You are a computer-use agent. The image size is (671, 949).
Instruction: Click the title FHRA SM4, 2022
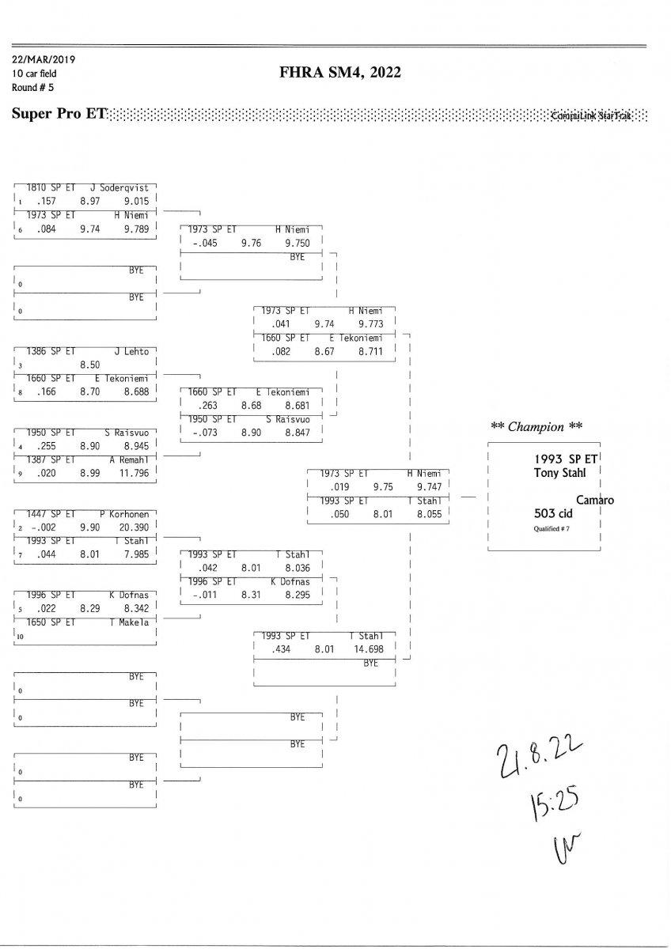(x=340, y=73)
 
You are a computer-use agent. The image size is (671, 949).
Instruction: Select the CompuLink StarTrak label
(x=591, y=115)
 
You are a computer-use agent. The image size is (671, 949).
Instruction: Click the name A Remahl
(x=130, y=459)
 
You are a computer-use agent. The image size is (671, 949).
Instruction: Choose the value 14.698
(x=369, y=648)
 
